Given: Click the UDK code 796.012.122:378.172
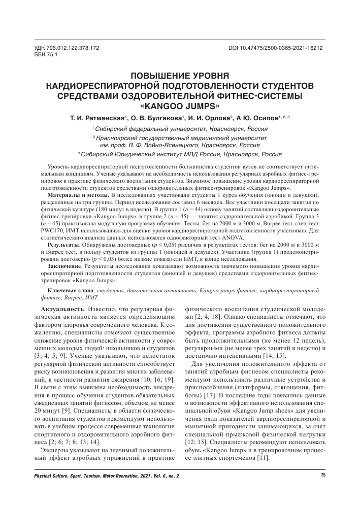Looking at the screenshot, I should (x=59, y=48).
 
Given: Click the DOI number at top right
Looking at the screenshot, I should (x=276, y=48).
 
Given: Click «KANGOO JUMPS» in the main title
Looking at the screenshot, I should (x=180, y=106).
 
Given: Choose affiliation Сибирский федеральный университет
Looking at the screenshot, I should (x=147, y=129).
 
